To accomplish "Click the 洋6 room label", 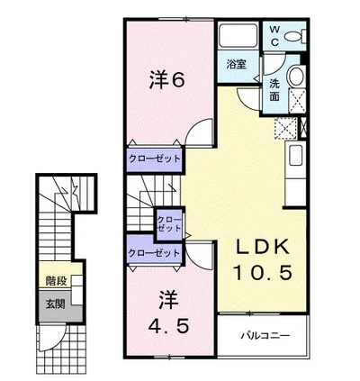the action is tap(166, 80).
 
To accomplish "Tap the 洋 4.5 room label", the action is tap(168, 313).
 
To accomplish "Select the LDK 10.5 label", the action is tap(263, 259).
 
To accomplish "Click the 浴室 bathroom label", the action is tap(236, 64).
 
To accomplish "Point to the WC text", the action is tap(274, 36).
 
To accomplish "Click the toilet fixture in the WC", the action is tap(295, 36).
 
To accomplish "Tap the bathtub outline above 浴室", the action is tap(238, 35).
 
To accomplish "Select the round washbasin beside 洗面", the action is tap(297, 76).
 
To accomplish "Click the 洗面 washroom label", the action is tap(274, 90).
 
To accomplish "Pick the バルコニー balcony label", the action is tap(265, 335).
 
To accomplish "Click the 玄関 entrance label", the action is tap(55, 304).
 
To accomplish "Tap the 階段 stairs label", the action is tap(56, 281).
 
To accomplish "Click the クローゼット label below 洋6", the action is tap(155, 159).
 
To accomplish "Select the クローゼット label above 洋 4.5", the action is tap(154, 253).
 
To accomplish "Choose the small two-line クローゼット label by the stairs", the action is tap(169, 224).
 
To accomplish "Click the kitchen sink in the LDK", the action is tap(295, 155).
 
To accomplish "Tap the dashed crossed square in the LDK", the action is tap(285, 129).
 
